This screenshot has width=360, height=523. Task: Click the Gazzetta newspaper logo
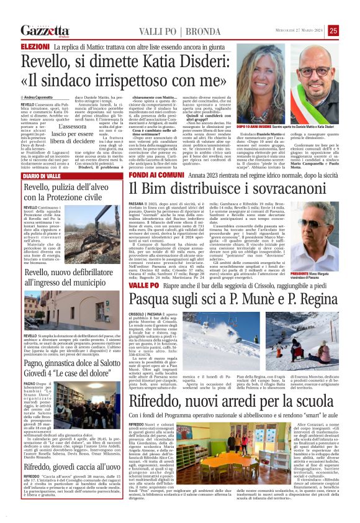point(45,30)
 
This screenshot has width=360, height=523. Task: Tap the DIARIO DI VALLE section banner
point(40,176)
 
